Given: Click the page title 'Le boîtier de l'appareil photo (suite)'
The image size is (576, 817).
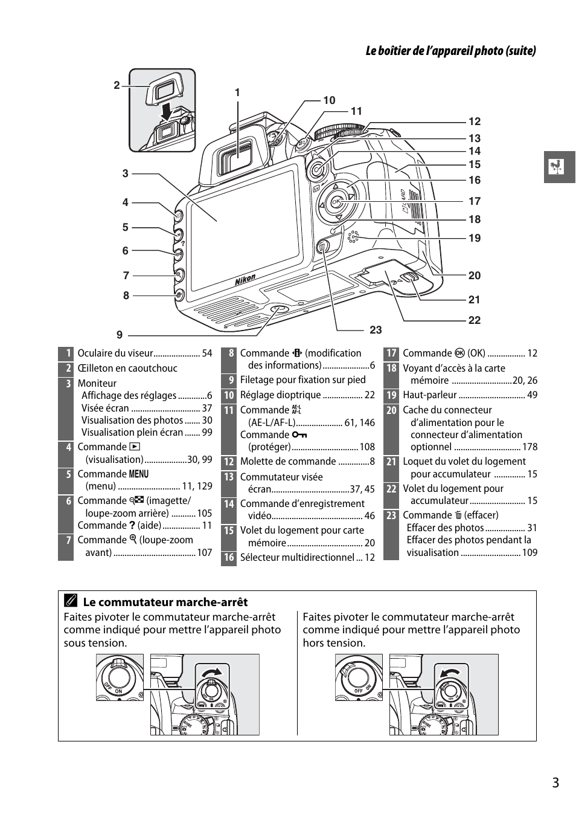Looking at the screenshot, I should (450, 51).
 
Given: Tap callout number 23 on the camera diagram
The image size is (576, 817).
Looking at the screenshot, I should (376, 330).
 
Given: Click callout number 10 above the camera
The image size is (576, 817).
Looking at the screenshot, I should (329, 100).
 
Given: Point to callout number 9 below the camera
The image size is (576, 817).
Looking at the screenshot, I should (120, 335).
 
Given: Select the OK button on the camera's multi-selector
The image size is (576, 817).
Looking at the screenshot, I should (336, 202).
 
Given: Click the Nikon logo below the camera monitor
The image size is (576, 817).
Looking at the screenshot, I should (245, 280).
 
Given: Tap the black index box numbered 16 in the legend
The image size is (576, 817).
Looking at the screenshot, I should (229, 557).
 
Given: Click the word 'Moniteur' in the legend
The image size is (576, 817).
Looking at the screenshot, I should (97, 383).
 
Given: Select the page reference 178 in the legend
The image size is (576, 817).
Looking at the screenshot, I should (530, 447).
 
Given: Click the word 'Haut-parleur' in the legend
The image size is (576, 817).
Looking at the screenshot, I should (430, 395).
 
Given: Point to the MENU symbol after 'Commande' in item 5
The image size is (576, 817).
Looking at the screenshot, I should (138, 474).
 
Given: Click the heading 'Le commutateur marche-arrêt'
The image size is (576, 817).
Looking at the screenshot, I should (165, 602).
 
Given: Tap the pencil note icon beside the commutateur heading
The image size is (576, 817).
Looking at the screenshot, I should (71, 601).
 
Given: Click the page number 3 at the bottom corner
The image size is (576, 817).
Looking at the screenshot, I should (555, 783).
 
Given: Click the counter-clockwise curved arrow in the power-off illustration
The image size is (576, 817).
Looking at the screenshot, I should (450, 673).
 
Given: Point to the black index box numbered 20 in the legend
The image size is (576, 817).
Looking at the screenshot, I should (391, 410).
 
